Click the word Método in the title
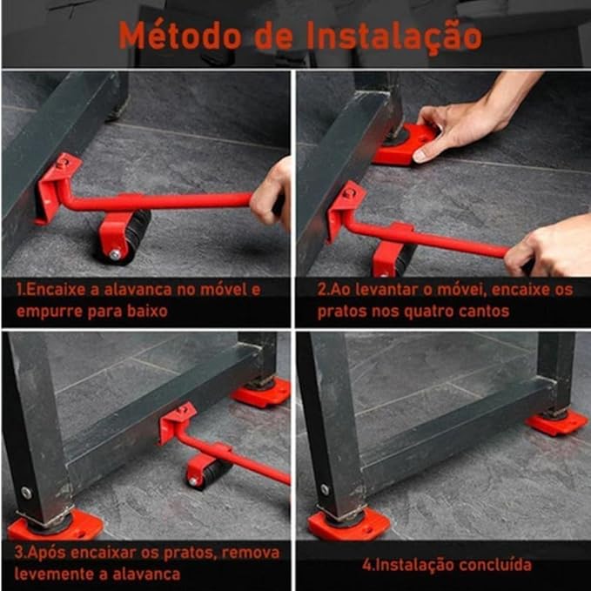(x=180, y=36)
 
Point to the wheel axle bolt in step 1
(x=115, y=254)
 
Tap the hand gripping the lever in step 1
(x=271, y=192)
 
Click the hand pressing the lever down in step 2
(x=550, y=247)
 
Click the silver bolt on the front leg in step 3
(x=26, y=493)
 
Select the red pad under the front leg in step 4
(x=349, y=523)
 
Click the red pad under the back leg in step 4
(x=557, y=422)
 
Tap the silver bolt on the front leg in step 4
(x=325, y=489)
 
